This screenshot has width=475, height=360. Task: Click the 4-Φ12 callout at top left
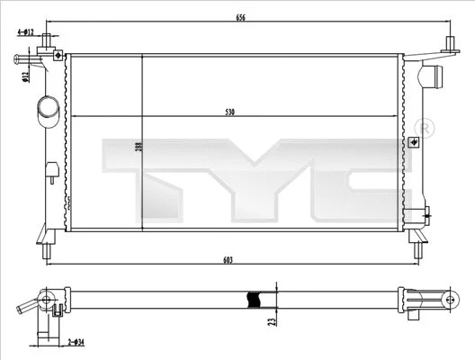tap(24, 32)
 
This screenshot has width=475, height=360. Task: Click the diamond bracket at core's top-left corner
tap(59, 56)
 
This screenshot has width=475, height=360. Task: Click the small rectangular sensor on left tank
tap(52, 167)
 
